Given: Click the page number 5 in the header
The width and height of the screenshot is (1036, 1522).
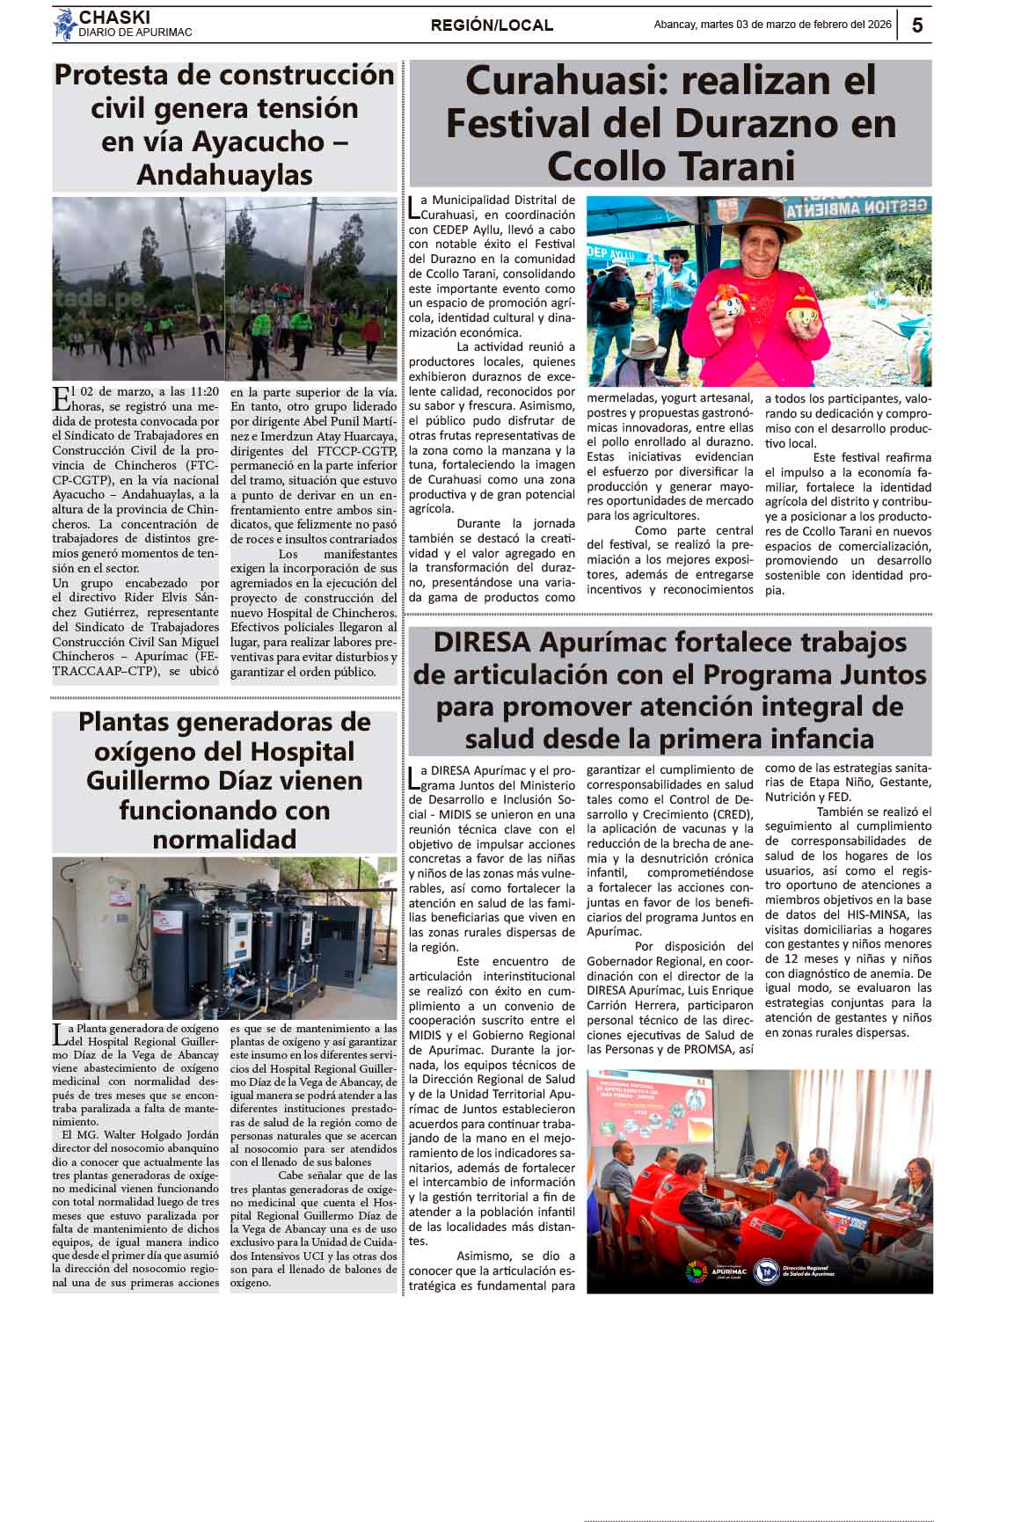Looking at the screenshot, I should [917, 25].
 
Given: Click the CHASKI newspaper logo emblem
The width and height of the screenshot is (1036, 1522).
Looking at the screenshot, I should [64, 25].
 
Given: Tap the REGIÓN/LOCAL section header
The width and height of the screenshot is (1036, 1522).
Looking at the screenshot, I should [492, 25].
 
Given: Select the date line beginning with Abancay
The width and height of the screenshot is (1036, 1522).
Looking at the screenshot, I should [772, 25].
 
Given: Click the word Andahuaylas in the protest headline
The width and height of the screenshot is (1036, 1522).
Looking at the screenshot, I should [224, 174].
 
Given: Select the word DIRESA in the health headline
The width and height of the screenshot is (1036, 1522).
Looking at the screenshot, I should [482, 642].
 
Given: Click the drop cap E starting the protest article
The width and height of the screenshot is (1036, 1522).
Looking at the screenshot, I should [61, 397].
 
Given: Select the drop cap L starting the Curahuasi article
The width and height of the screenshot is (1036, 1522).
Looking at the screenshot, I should [414, 207].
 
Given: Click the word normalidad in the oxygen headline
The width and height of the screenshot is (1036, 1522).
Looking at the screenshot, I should [224, 839].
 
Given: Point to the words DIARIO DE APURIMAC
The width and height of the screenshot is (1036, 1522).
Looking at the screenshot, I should [135, 33].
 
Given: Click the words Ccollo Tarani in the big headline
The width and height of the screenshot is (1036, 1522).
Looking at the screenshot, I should [670, 165].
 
